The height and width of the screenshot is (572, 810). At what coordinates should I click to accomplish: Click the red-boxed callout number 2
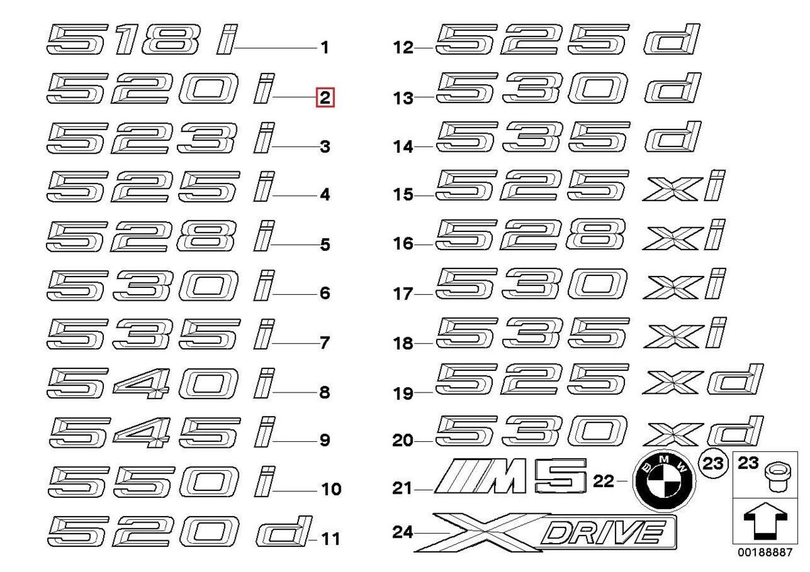pyautogui.click(x=325, y=98)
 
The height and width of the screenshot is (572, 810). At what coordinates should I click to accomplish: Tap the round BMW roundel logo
pyautogui.click(x=664, y=481)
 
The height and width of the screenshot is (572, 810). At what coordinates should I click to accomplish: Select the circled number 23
pyautogui.click(x=713, y=463)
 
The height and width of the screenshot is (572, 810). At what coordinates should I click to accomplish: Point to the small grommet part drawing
pyautogui.click(x=778, y=478)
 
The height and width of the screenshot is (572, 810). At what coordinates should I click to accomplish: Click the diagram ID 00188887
pyautogui.click(x=765, y=552)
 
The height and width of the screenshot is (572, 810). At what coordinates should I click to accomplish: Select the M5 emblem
pyautogui.click(x=510, y=476)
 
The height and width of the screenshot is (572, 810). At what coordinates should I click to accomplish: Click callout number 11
pyautogui.click(x=331, y=539)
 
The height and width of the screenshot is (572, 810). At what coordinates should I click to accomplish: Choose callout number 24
pyautogui.click(x=402, y=532)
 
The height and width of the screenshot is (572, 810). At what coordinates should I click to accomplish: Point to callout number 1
pyautogui.click(x=325, y=48)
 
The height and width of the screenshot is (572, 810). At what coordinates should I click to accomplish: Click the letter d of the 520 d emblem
pyautogui.click(x=284, y=530)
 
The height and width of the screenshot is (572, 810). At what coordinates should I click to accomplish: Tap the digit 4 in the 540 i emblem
pyautogui.click(x=141, y=383)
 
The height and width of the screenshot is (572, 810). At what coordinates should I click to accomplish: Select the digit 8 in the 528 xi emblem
pyautogui.click(x=595, y=234)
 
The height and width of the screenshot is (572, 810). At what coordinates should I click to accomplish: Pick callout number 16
pyautogui.click(x=403, y=244)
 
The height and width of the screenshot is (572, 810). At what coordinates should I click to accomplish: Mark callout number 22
pyautogui.click(x=603, y=481)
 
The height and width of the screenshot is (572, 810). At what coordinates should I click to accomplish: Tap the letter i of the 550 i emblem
pyautogui.click(x=265, y=481)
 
